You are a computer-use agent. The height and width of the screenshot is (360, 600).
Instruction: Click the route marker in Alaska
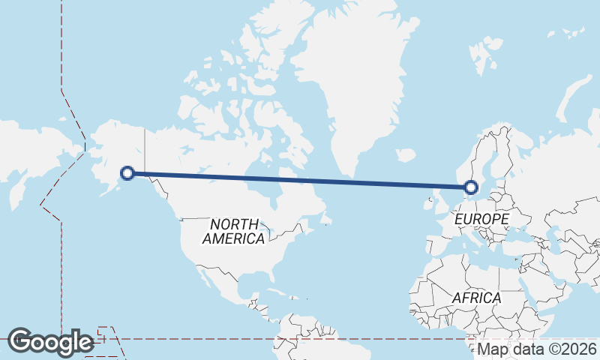point(127,173)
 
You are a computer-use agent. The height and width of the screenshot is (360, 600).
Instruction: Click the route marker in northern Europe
point(471,187)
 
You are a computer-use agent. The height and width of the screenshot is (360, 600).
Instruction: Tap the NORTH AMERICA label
point(234,231)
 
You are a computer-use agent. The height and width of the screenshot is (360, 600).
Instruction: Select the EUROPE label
point(482,219)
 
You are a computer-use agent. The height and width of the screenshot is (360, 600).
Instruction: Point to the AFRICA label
point(476,298)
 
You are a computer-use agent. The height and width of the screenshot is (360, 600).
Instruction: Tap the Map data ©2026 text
point(536,349)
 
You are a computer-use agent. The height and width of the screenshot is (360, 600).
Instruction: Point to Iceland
point(405,155)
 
